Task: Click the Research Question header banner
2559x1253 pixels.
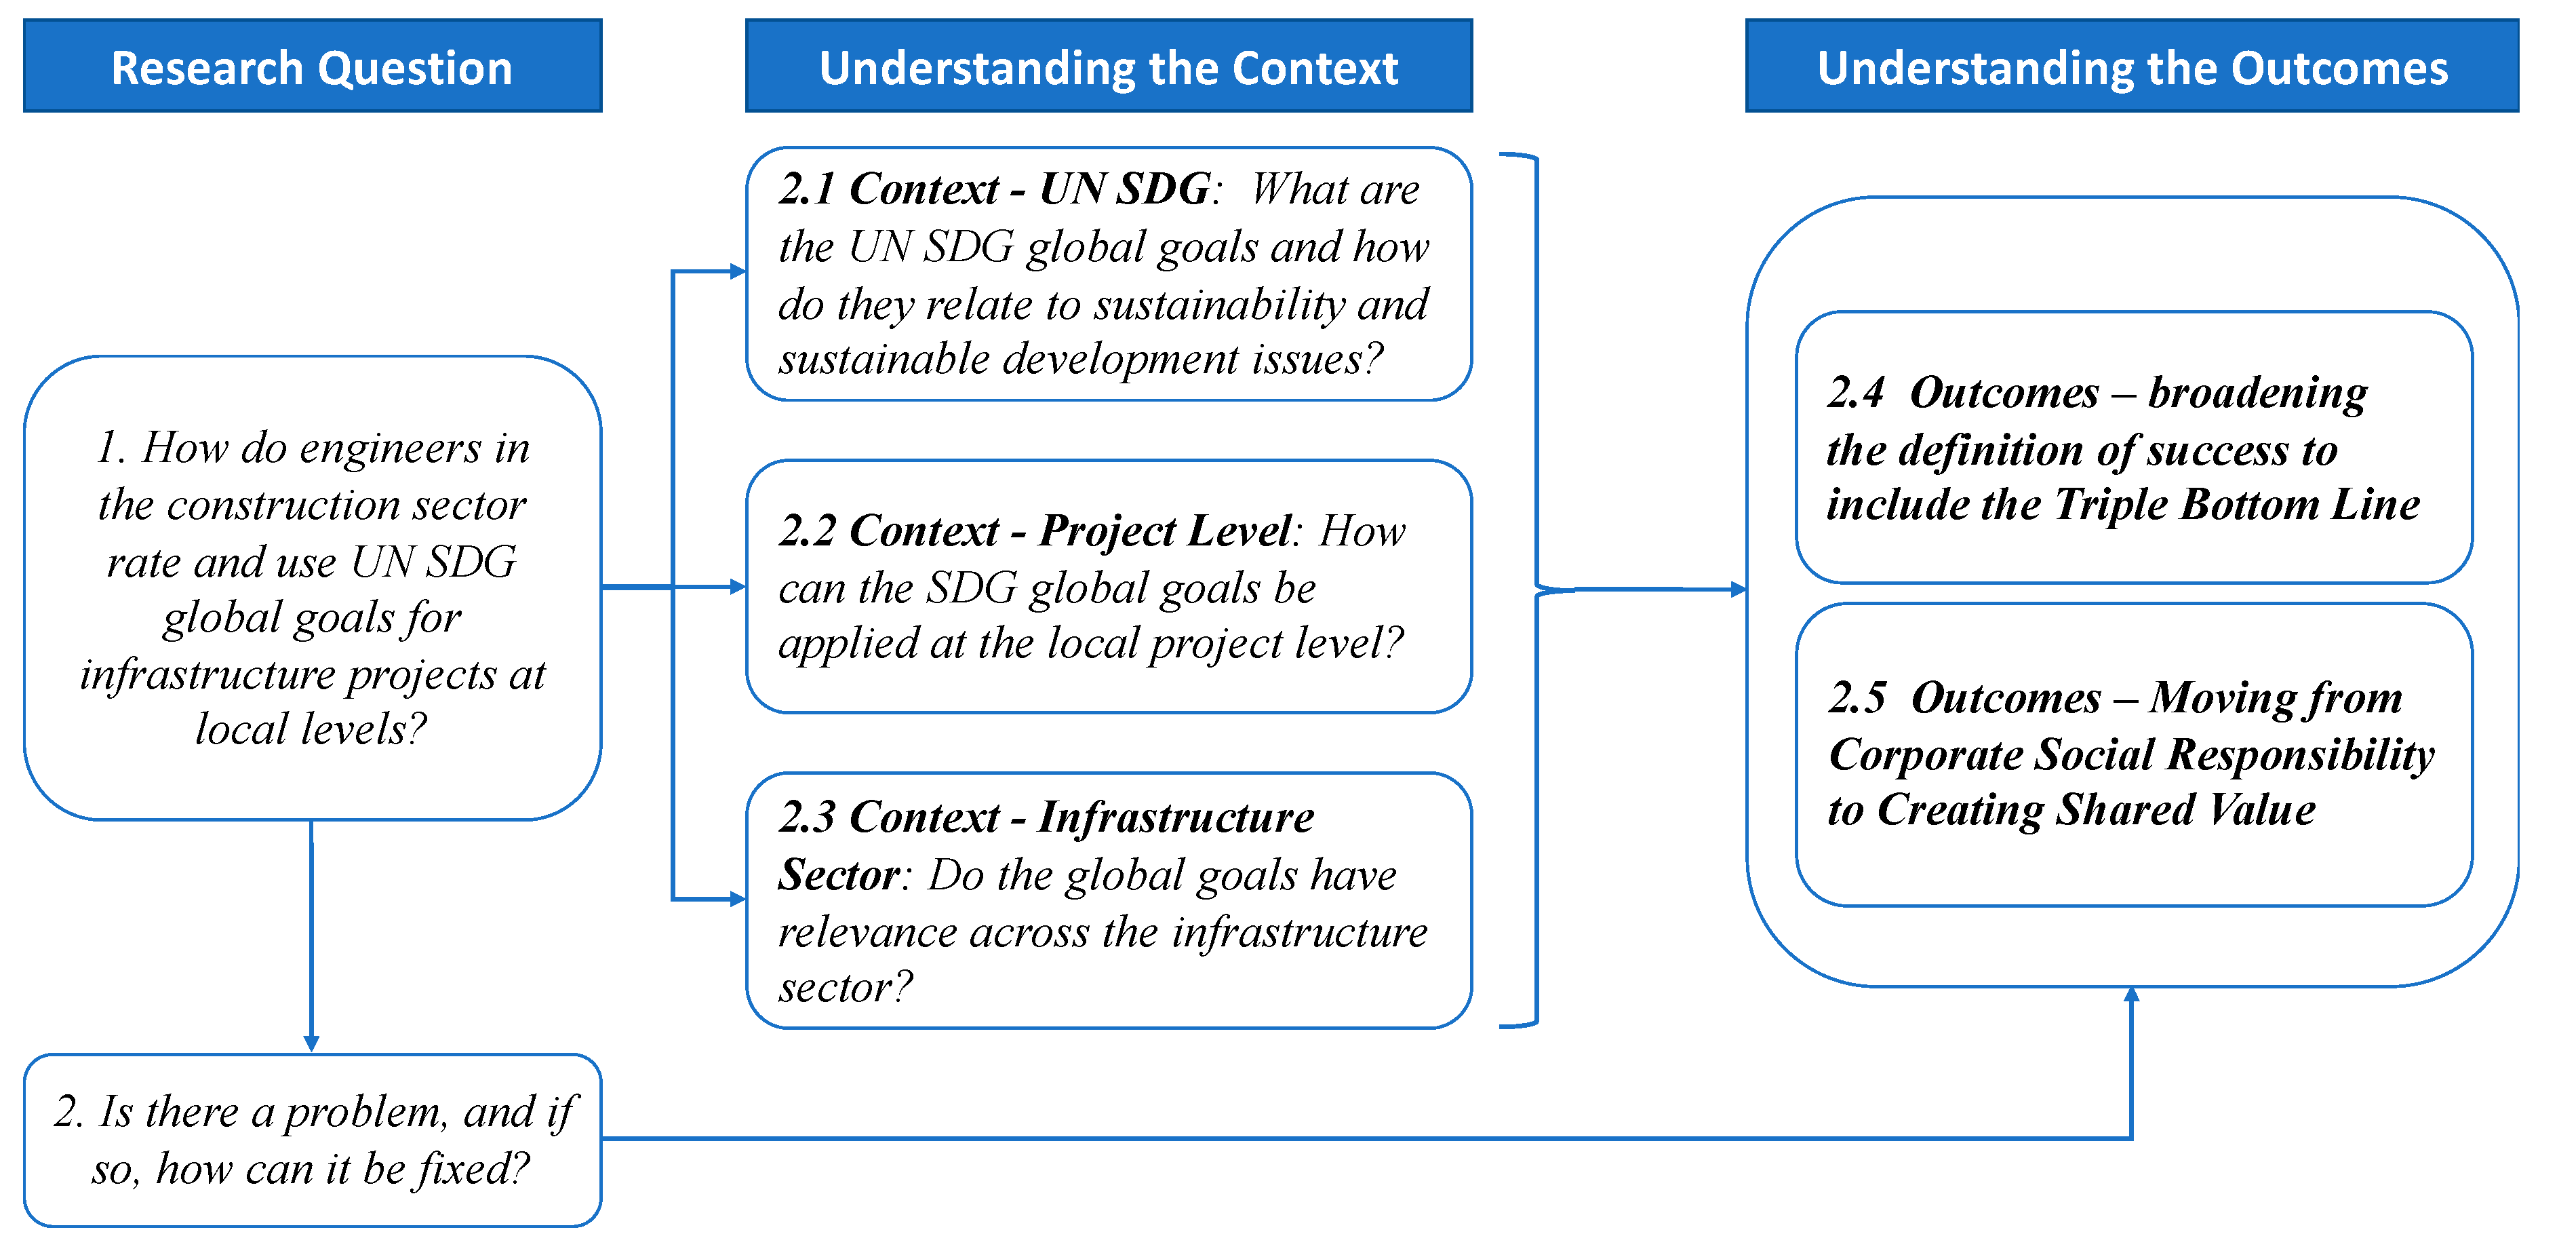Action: click(312, 66)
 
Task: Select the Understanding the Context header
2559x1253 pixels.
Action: click(1108, 66)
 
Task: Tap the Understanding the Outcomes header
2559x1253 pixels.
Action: click(2131, 66)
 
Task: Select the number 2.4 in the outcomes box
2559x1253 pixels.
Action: click(1854, 393)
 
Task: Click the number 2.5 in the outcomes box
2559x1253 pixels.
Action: click(1856, 697)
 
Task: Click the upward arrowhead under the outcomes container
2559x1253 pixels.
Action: click(2131, 995)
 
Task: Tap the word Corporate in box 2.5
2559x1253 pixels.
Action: click(1926, 755)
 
